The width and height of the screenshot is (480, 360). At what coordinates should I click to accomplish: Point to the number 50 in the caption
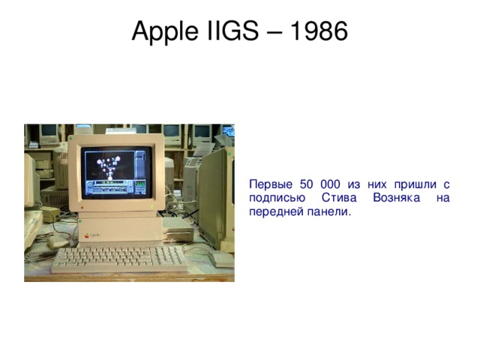[x=307, y=184]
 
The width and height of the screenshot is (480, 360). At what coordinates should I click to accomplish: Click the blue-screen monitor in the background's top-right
[x=226, y=130]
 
